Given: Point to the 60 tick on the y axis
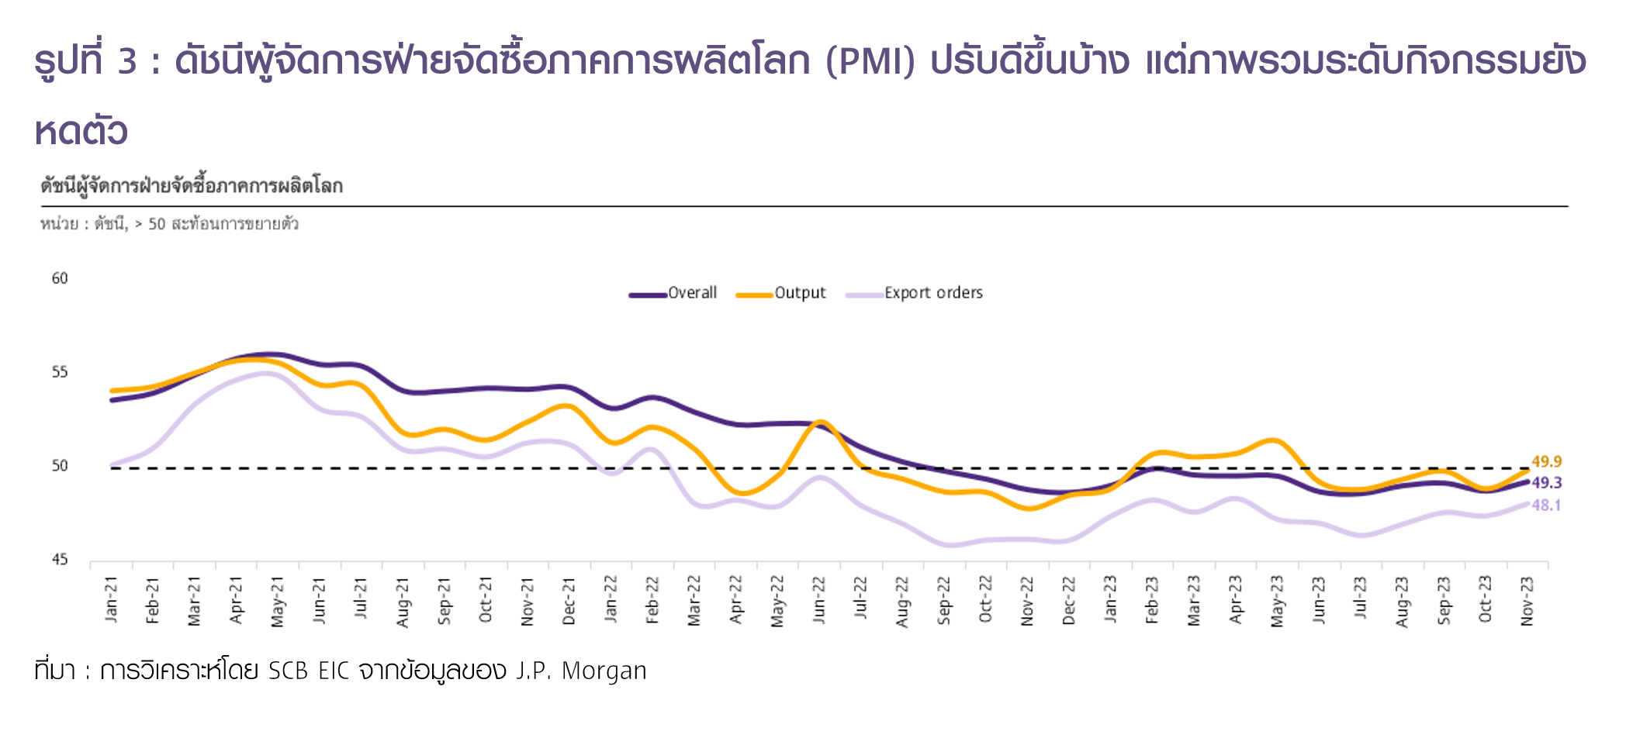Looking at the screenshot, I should tap(60, 278).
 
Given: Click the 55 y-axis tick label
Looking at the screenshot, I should tap(60, 372).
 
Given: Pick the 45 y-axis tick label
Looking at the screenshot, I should tap(60, 560).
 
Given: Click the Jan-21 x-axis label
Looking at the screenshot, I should tap(112, 599).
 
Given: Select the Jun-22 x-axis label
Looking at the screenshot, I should tap(819, 599).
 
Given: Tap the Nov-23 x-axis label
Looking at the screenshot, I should tap(1527, 600).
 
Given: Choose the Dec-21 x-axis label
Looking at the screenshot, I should tap(569, 600).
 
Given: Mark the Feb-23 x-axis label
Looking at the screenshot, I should tap(1152, 599).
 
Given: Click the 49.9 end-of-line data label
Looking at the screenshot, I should tap(1546, 461).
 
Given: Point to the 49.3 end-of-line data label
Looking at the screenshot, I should tap(1546, 483).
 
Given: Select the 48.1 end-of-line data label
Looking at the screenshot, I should tap(1546, 505).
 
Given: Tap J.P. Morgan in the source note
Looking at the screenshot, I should tap(581, 671).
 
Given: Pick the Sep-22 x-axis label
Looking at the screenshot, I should tap(944, 600).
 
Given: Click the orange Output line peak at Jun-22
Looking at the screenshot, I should tap(821, 423).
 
